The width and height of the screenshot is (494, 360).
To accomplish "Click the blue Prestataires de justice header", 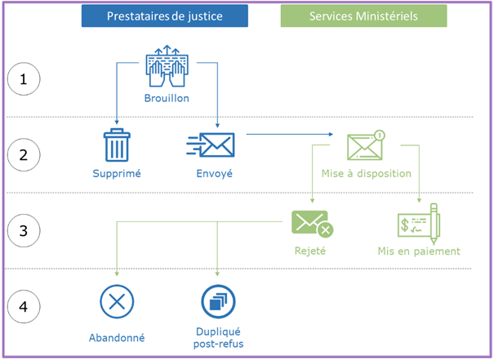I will [165, 16].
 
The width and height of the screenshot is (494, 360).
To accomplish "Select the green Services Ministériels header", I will [363, 16].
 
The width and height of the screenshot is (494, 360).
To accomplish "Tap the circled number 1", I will [24, 79].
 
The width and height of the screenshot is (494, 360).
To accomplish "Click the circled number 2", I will [24, 155].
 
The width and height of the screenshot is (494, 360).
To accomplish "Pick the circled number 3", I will [24, 231].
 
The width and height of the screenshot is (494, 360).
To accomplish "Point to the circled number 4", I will [24, 307].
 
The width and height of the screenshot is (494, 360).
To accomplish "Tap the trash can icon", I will [116, 145].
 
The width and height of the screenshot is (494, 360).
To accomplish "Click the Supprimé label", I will [116, 173].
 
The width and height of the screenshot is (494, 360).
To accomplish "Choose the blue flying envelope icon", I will [211, 145].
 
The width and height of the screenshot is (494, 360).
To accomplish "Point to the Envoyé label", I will [215, 173].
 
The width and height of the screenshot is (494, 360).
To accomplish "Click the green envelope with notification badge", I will [365, 144].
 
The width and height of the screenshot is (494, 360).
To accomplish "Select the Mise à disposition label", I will [367, 173].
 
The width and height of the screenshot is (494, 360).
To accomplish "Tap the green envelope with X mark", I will [311, 223].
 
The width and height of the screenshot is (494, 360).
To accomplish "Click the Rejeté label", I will [310, 251].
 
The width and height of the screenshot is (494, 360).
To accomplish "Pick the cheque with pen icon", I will [419, 223].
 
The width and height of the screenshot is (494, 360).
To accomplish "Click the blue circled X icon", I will [117, 302].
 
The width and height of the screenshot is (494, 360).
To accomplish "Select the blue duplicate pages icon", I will [218, 302].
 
